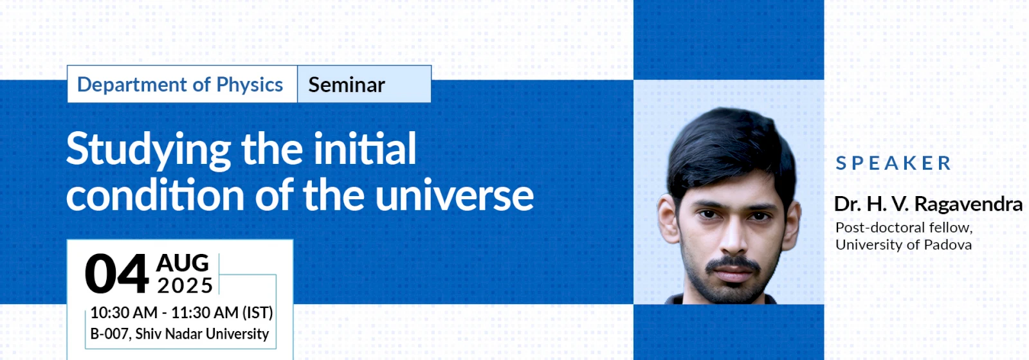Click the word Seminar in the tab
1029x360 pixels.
347,85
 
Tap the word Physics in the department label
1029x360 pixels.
250,85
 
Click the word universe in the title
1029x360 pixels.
454,195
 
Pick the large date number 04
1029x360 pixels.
116,274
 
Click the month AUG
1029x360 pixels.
183,263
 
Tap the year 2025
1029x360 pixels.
185,285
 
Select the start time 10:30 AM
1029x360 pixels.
123,312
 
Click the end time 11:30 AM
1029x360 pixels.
205,312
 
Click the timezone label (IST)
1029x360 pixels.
257,312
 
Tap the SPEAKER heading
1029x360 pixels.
893,163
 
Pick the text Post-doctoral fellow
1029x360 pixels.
904,228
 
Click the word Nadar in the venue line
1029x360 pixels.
183,334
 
